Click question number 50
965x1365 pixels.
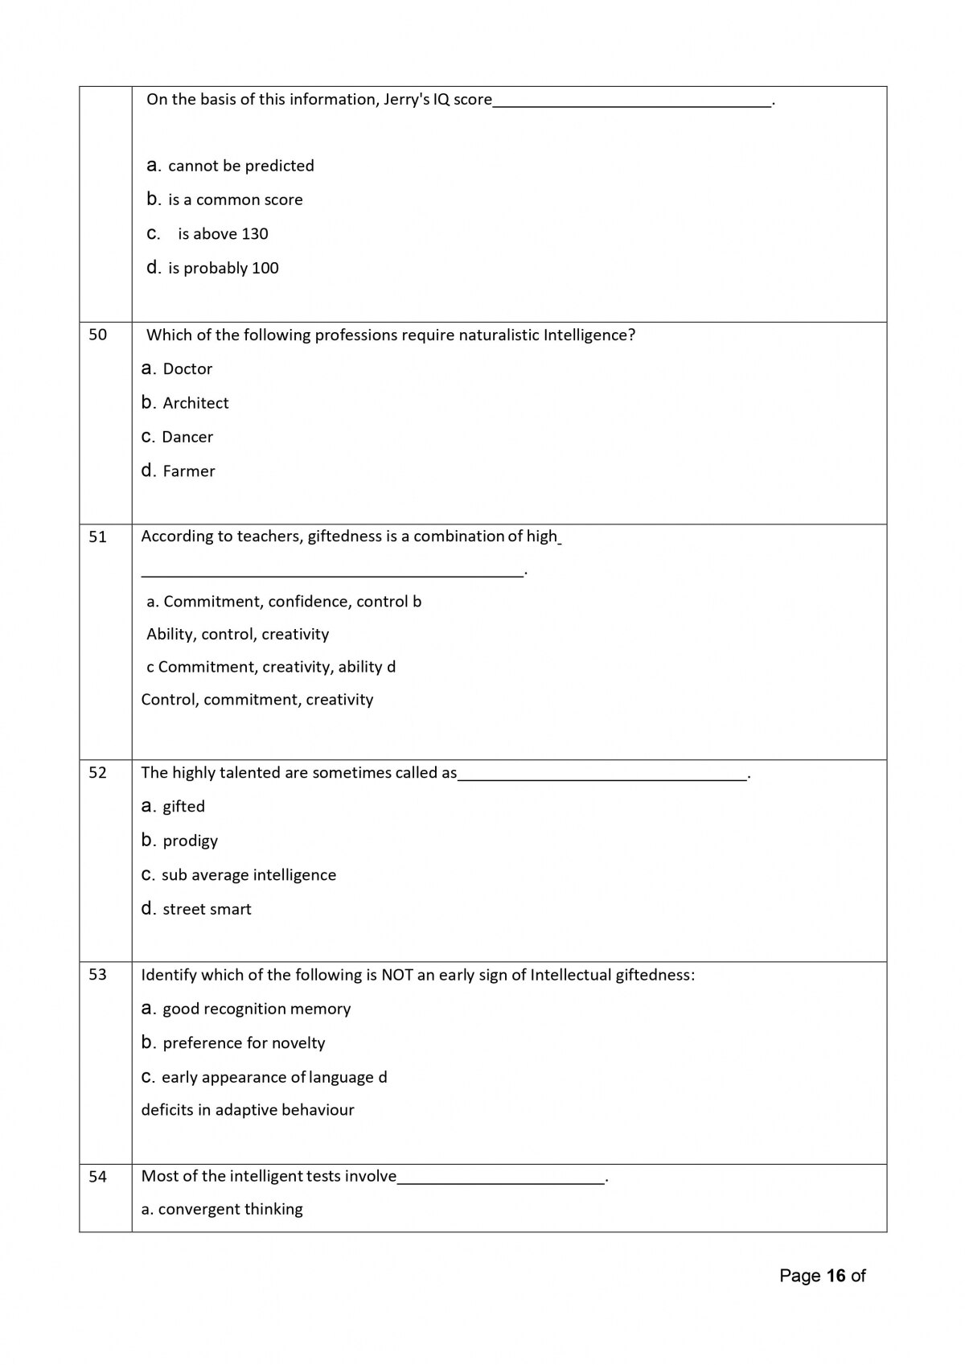(x=97, y=335)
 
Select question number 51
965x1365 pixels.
(x=97, y=537)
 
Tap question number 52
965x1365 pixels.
(x=97, y=773)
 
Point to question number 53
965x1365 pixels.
(x=97, y=975)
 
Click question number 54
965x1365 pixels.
(x=97, y=1177)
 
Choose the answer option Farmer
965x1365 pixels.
(x=188, y=471)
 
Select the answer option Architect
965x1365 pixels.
(x=195, y=403)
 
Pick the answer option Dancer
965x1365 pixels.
(x=187, y=438)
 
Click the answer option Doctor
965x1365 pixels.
(x=187, y=369)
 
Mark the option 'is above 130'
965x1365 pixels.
(x=223, y=234)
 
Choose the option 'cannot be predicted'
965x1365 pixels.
(x=240, y=166)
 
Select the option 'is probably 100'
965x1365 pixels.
(x=223, y=268)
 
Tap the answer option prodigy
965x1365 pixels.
(x=190, y=841)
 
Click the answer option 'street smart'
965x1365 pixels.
(x=207, y=909)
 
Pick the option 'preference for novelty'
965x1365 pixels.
(x=244, y=1043)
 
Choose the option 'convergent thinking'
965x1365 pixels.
(x=230, y=1209)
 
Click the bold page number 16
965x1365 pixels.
(x=836, y=1276)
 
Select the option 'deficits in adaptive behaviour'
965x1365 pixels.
(x=248, y=1110)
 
